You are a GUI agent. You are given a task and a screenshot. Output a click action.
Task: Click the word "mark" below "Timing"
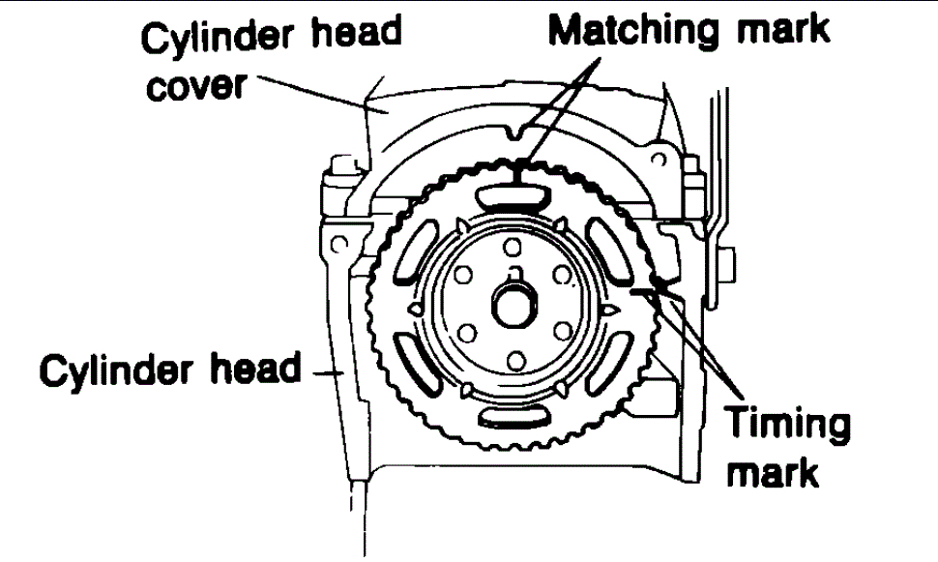click(785, 473)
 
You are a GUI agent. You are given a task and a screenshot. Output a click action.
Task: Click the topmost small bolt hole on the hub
click(514, 248)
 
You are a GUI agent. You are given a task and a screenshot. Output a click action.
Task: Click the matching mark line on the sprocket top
click(518, 173)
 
